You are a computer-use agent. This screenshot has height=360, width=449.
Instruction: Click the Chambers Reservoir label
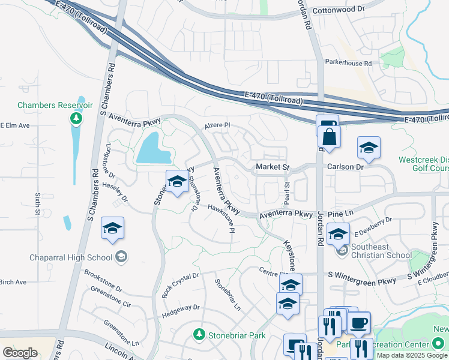coord(55,105)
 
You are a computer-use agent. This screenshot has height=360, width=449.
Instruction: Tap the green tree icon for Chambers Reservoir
coord(76,118)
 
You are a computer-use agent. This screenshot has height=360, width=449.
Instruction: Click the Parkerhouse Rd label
coord(348,62)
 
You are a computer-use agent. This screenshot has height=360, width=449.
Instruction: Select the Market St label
coord(273,166)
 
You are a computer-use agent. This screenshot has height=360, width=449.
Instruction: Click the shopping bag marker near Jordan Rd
coord(330,137)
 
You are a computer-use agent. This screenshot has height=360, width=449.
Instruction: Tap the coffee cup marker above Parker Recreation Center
coord(360,323)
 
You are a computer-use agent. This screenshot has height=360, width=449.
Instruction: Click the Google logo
coord(20,353)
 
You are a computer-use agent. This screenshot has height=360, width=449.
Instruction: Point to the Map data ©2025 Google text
coord(412,355)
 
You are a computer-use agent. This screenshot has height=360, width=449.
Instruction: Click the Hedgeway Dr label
coord(180,307)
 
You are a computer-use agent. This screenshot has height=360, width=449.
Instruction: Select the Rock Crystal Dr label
coord(181,285)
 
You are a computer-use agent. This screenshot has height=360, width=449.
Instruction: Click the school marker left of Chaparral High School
coord(112,229)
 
